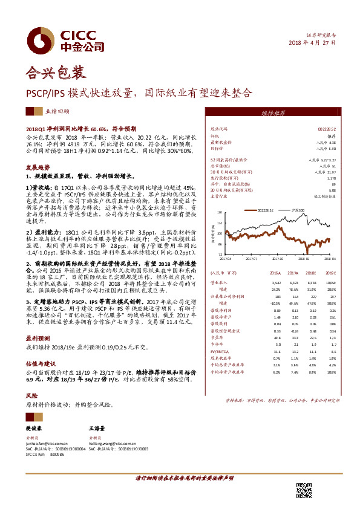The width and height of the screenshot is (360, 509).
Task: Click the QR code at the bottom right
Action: [x=305, y=491]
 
